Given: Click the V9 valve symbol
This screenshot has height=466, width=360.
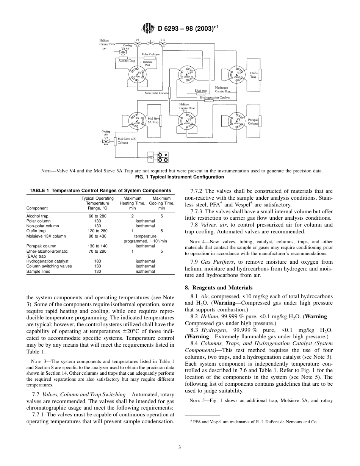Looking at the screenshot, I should coord(137,44).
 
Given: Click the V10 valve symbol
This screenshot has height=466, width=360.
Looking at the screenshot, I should coord(163,44).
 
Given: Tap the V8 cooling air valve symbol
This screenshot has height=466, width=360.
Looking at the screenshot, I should coord(122,52).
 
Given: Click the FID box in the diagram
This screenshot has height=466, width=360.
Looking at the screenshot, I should coord(151,157).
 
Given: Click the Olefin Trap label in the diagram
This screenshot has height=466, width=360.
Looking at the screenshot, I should coord(254,75).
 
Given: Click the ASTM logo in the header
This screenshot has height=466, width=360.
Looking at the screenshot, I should coord(147,28).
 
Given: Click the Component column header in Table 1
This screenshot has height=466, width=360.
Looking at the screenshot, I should coord(37,208).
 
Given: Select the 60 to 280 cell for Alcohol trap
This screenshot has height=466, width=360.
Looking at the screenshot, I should coord(97,216).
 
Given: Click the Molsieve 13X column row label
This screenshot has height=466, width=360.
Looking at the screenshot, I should coord(46,236).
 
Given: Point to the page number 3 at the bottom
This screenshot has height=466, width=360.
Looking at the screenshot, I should coord(180,447).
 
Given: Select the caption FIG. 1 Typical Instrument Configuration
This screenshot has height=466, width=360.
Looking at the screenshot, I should coord(180,177).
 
